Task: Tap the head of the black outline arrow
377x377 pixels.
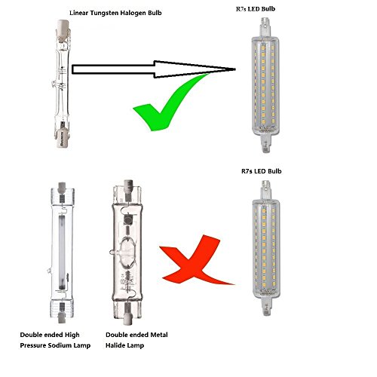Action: tap(195, 69)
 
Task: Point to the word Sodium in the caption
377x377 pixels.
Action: tap(60, 345)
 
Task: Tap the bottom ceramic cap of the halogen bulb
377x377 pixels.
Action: tap(63, 138)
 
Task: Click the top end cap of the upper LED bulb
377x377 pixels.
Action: tap(265, 26)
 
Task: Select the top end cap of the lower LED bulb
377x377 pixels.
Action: tap(265, 189)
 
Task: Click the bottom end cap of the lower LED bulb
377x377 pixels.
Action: tap(266, 306)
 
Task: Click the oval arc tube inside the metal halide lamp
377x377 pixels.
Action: tap(127, 251)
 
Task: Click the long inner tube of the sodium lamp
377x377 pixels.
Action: tap(62, 251)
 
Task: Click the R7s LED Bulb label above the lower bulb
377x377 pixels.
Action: tap(262, 171)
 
